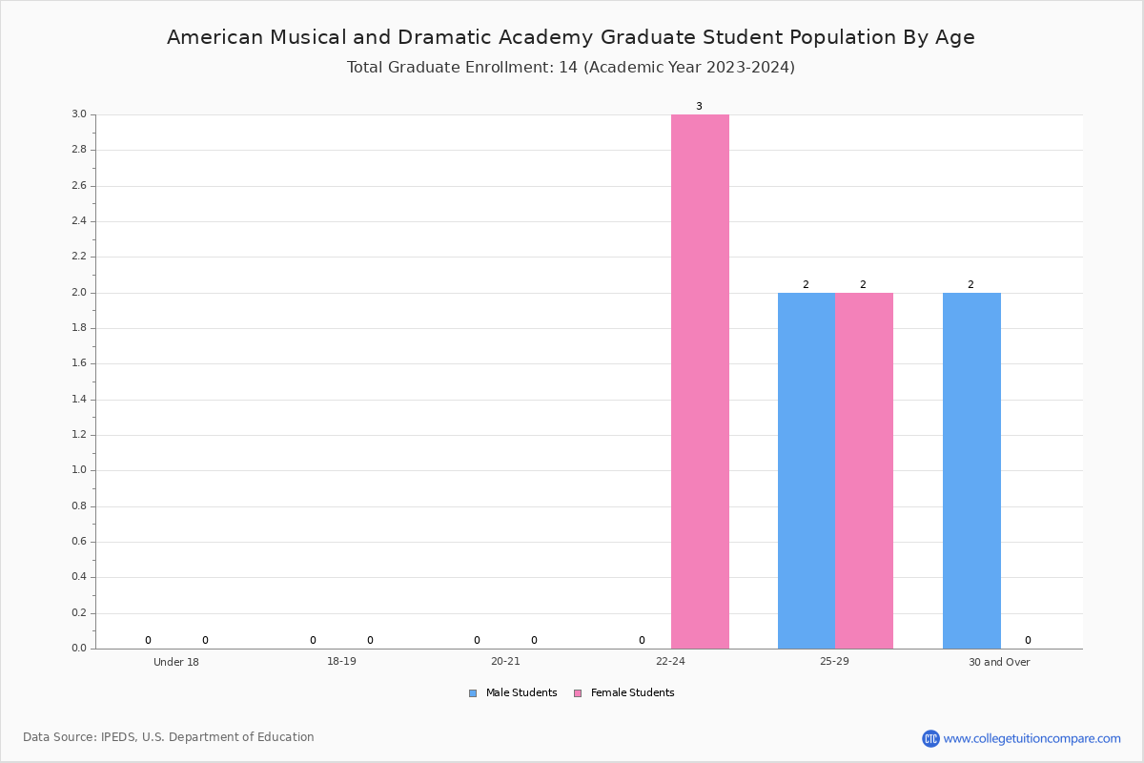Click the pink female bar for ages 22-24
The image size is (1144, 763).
coord(700,381)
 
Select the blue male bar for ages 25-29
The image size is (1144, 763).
coord(807,471)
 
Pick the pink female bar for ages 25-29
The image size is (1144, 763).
coord(864,471)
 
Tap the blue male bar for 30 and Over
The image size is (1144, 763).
coord(971,471)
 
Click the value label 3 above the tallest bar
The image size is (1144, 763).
coord(699,106)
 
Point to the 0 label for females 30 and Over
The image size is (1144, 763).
coord(1028,640)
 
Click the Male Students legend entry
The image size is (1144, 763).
coord(513,692)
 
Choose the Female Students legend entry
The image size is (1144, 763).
coord(624,692)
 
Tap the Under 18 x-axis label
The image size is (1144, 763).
coord(176,662)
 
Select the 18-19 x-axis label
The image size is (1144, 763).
coord(341,661)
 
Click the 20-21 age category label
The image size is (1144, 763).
coord(505,661)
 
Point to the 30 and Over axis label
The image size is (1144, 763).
coord(999,662)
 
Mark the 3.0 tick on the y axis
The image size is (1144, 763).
coord(79,113)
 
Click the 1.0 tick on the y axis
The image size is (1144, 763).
coord(79,470)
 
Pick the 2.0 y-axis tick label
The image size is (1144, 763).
coord(79,292)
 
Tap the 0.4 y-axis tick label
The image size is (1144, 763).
coord(79,577)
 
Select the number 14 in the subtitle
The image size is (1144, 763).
coord(568,67)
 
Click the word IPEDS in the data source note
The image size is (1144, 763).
coord(118,737)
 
